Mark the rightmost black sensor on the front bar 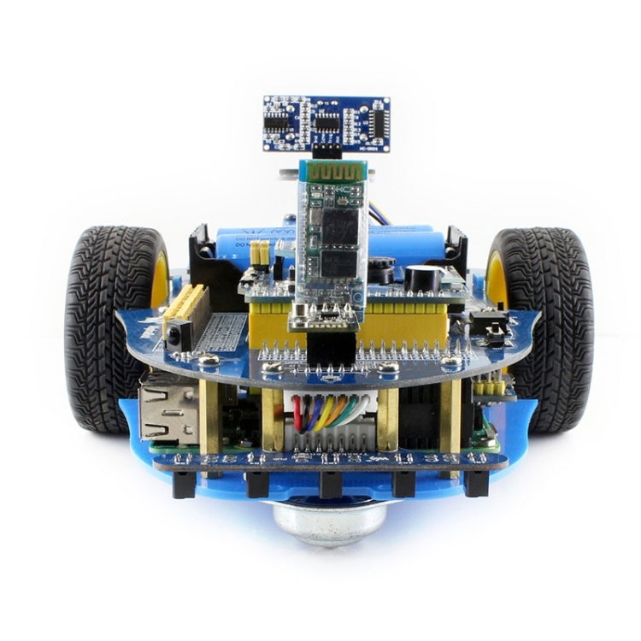pos(476,483)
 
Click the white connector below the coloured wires pos(329,436)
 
